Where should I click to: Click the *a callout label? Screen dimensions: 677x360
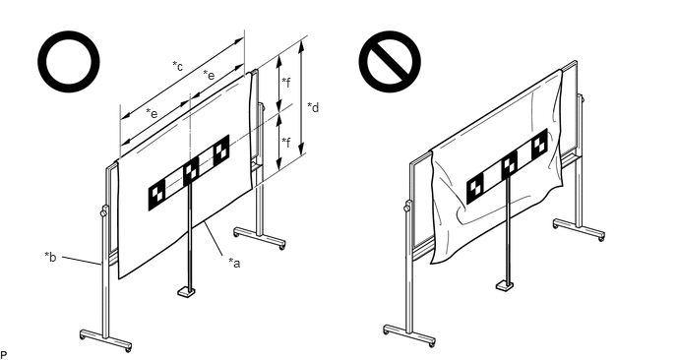(234, 263)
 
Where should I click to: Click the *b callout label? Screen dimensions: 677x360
(50, 257)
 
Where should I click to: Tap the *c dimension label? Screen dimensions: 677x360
(177, 66)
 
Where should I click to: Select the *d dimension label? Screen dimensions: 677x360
(313, 107)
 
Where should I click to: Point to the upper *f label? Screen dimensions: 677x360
(285, 82)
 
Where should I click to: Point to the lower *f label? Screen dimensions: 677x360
(285, 142)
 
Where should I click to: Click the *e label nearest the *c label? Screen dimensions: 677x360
(209, 75)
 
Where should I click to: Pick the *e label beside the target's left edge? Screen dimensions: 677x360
(152, 113)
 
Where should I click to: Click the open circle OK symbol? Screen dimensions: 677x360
(69, 61)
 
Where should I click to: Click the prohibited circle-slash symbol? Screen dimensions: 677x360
(390, 61)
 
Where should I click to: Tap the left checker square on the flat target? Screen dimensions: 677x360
(156, 198)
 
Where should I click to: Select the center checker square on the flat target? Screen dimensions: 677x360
(191, 172)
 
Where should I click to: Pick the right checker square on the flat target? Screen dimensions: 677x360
(221, 150)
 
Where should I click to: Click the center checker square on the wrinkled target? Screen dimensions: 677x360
(510, 166)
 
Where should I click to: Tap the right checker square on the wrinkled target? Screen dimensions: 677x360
(539, 144)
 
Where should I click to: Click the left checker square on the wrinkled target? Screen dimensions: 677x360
(475, 190)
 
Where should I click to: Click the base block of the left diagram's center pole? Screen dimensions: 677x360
(187, 292)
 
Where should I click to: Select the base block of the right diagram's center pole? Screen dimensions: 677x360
(505, 285)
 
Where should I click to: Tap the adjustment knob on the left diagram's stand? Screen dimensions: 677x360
(103, 211)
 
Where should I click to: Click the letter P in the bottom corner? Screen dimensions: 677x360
(4, 355)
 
